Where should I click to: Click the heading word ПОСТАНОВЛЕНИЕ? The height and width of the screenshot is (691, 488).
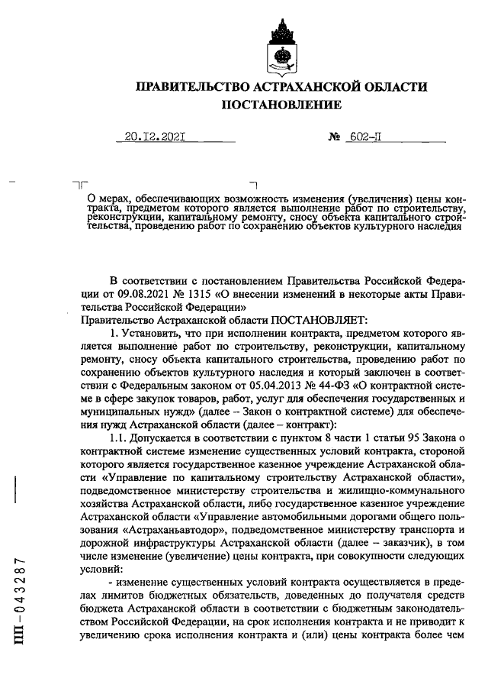281,105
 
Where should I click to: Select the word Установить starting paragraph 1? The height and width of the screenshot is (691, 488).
152,333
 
